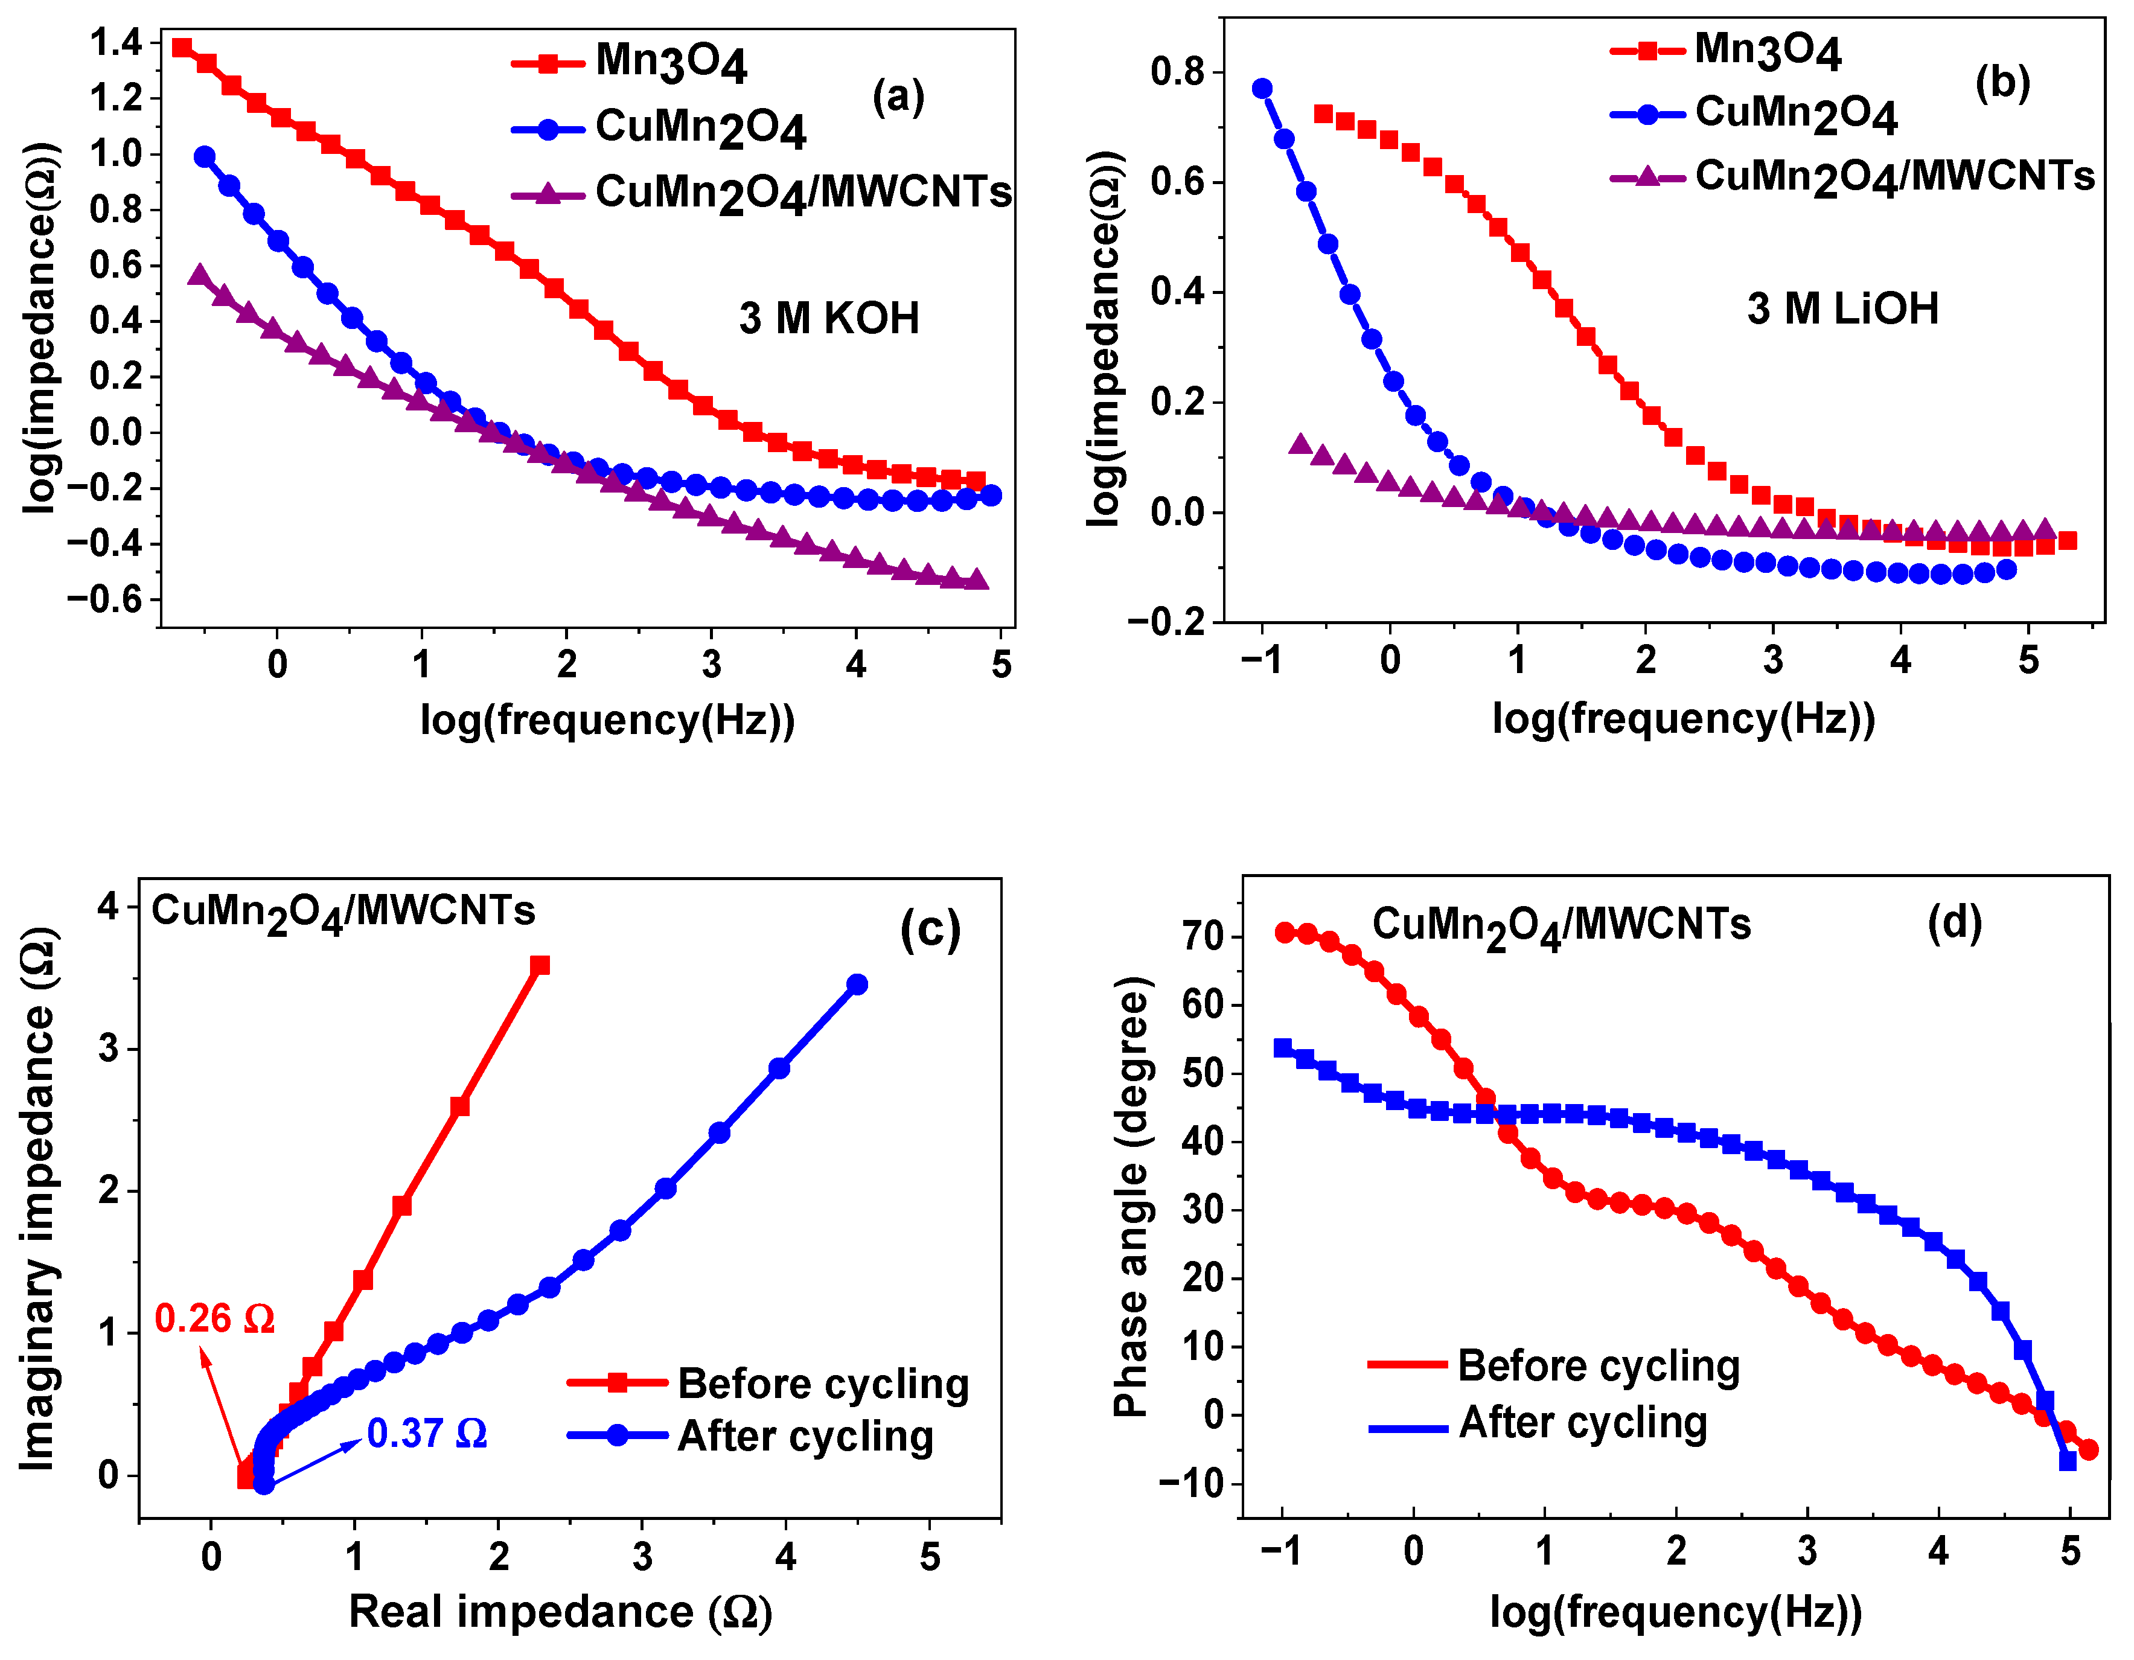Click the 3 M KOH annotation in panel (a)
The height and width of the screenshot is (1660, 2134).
point(829,319)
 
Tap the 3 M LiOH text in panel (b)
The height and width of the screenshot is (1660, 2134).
point(1843,308)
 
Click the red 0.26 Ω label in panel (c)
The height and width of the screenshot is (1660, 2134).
point(214,1319)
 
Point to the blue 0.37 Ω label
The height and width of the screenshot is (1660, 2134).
point(427,1433)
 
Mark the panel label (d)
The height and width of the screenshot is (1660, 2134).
point(1954,921)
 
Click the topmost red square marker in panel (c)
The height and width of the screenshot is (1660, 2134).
point(539,965)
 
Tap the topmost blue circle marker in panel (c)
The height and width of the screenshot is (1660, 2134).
point(857,984)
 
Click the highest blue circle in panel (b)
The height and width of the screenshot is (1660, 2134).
point(1262,89)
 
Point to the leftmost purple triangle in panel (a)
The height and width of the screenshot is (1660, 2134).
point(200,275)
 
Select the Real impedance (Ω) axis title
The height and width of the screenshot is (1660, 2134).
point(561,1611)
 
